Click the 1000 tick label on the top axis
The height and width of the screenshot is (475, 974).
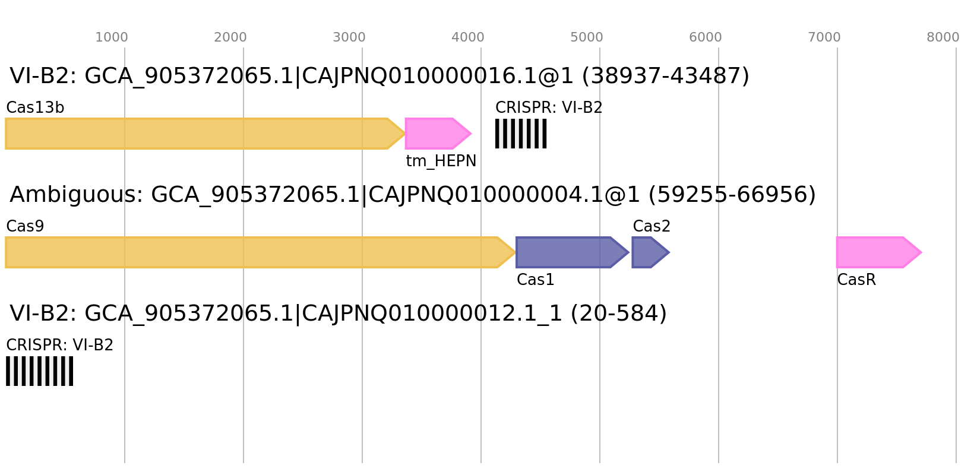point(112,37)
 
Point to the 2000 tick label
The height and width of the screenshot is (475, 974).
point(230,37)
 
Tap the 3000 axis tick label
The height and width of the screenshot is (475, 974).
point(349,37)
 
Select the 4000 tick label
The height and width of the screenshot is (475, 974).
point(468,37)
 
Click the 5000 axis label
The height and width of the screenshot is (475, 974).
point(587,37)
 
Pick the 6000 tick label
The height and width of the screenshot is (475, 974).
point(706,37)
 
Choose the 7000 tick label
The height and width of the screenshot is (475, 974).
point(824,37)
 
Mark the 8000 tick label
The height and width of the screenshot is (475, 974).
point(943,37)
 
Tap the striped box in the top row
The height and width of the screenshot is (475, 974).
point(521,134)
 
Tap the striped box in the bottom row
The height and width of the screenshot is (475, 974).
point(39,371)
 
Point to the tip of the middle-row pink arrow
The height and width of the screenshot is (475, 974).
point(922,252)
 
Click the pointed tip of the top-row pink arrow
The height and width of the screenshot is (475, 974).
point(472,134)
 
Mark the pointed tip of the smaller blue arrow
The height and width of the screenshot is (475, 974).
point(670,252)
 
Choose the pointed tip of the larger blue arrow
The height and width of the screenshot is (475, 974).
point(630,252)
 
